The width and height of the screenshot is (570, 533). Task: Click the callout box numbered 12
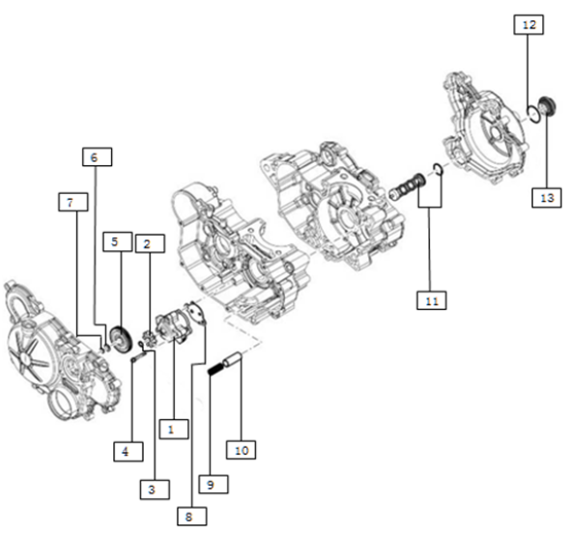click(x=528, y=25)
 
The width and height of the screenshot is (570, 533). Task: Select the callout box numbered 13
click(x=547, y=198)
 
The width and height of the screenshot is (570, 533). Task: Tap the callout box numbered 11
click(x=432, y=300)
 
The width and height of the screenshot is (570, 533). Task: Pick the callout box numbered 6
click(x=97, y=157)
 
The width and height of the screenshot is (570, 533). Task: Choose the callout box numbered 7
click(x=73, y=202)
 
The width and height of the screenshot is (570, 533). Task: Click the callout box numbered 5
click(x=118, y=241)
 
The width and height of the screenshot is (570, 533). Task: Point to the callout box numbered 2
click(x=150, y=243)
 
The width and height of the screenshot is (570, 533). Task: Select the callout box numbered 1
click(x=174, y=429)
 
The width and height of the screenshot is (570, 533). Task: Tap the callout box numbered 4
click(x=128, y=452)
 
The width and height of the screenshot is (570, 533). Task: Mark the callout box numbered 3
click(x=155, y=490)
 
